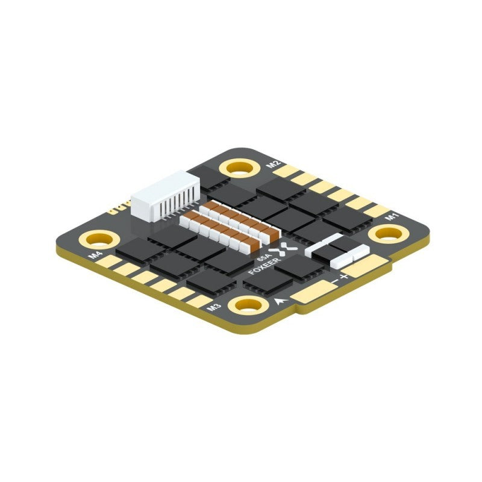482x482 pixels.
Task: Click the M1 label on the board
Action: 392,216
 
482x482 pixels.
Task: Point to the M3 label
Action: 211,307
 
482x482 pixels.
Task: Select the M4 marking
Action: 95,255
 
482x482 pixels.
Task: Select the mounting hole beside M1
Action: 386,234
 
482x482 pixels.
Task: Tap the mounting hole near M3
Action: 248,305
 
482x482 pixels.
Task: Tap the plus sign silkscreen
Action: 344,277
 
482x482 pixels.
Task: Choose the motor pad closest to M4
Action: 109,260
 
